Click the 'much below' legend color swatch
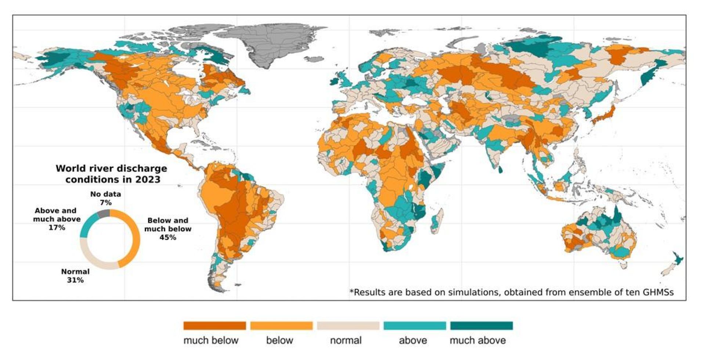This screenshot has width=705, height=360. pyautogui.click(x=214, y=325)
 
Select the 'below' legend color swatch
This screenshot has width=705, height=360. pyautogui.click(x=281, y=325)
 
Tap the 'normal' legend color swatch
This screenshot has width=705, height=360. pyautogui.click(x=348, y=325)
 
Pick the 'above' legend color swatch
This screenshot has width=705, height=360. pyautogui.click(x=415, y=325)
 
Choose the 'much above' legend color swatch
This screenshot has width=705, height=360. pyautogui.click(x=481, y=325)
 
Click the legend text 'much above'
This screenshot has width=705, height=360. pyautogui.click(x=477, y=341)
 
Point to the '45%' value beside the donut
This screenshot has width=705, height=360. pyautogui.click(x=167, y=237)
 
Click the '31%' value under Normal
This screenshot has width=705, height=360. pyautogui.click(x=75, y=280)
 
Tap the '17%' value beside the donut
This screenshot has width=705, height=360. pyautogui.click(x=57, y=227)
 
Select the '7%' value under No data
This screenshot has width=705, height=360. pyautogui.click(x=106, y=202)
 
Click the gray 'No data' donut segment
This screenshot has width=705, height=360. pyautogui.click(x=104, y=213)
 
